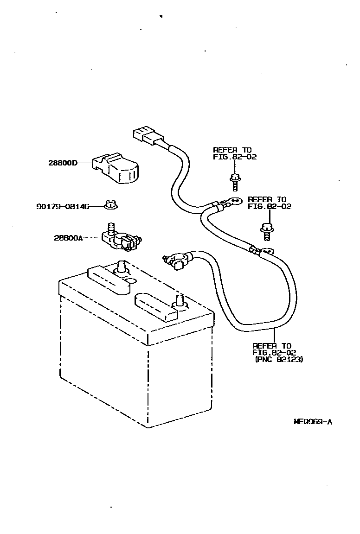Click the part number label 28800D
click(x=62, y=163)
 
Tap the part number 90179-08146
click(x=63, y=206)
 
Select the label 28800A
click(x=68, y=238)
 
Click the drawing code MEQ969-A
click(x=313, y=422)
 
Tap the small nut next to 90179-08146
click(x=110, y=204)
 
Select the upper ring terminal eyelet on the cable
click(x=235, y=201)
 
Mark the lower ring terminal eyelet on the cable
click(x=267, y=252)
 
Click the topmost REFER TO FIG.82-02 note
click(x=235, y=153)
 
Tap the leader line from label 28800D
click(x=85, y=163)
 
